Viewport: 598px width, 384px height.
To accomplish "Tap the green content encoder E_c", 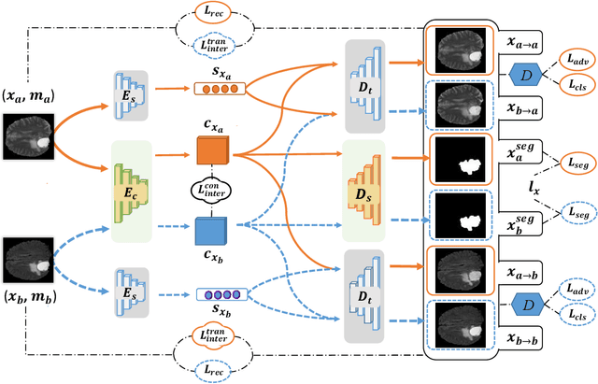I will pos(131,192).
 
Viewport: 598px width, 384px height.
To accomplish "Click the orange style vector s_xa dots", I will pos(216,91).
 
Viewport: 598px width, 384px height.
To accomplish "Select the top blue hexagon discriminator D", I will pos(527,73).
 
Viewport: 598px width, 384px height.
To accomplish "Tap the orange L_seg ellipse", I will pos(570,162).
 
